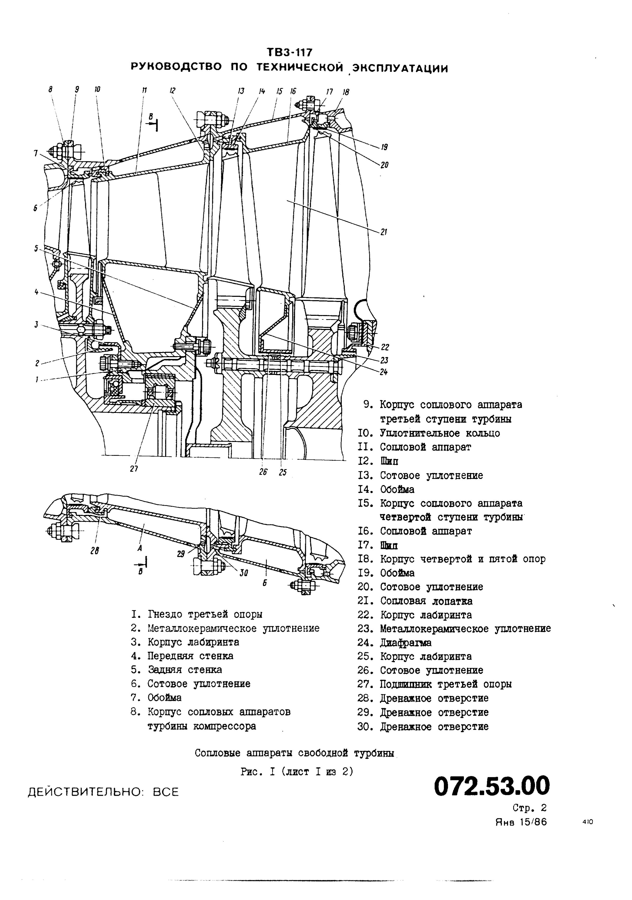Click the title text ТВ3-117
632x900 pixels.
coord(290,52)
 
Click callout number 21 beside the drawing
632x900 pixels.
coord(384,232)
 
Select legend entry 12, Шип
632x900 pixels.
coord(379,461)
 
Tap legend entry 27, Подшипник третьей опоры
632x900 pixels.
coord(435,684)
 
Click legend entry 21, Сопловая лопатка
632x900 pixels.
coord(416,601)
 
